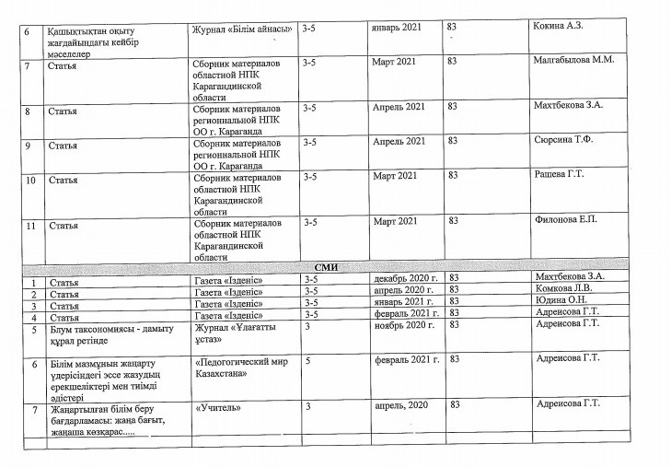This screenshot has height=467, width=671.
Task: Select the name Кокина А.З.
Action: click(561, 28)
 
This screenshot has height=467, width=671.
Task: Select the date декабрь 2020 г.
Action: click(402, 277)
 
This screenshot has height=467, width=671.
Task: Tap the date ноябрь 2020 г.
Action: click(403, 325)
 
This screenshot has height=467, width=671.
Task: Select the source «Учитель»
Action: click(218, 405)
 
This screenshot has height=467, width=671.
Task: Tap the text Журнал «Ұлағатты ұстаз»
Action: click(232, 332)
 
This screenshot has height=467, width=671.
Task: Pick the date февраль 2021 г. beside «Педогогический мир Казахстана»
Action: click(404, 360)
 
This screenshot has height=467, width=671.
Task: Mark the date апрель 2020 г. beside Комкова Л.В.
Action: click(401, 289)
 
